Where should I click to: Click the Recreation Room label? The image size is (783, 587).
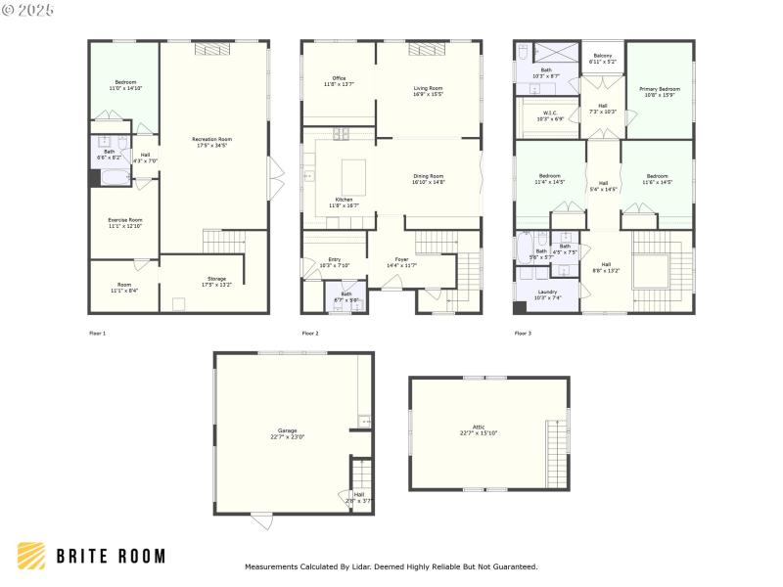coord(212,142)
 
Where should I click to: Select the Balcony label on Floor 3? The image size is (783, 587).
coord(601,58)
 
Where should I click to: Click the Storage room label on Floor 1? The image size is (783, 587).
coord(216,281)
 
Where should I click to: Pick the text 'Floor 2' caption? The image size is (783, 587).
coord(310,334)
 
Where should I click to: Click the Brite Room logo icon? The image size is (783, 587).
coord(31,556)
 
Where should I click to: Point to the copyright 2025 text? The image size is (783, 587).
coord(28,9)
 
